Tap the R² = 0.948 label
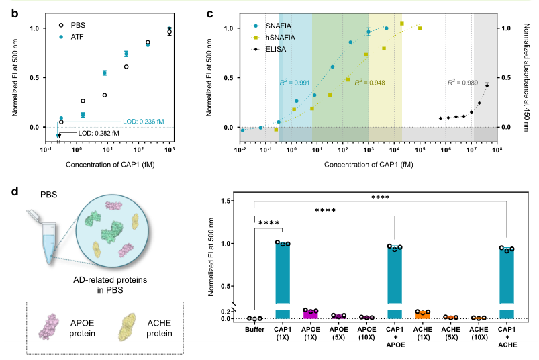point(369,83)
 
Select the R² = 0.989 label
point(461,83)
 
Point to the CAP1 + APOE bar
point(395,281)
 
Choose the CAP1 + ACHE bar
point(507,282)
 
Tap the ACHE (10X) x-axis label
point(479,332)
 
